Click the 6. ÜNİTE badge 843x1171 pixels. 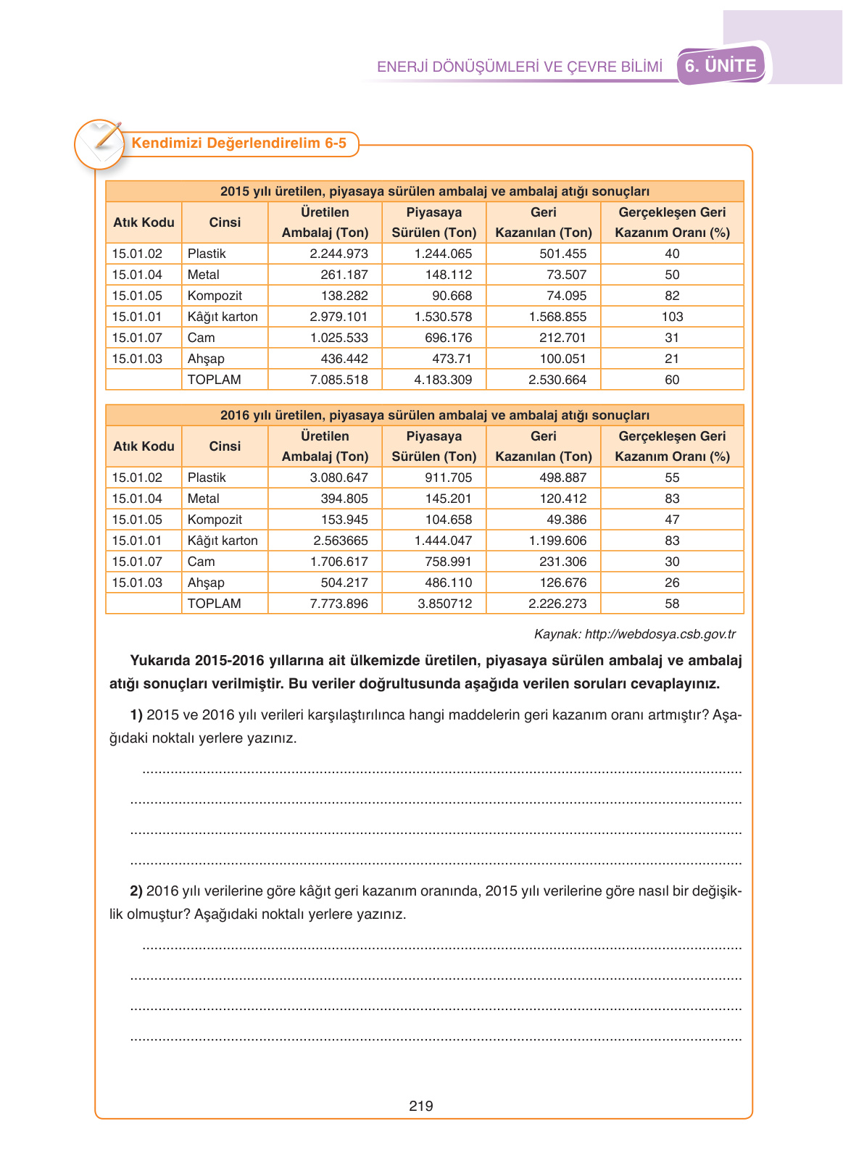coord(721,66)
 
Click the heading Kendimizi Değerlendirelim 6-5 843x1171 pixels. coord(238,143)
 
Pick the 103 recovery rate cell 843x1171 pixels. coord(672,317)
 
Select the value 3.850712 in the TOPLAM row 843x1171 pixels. coord(444,604)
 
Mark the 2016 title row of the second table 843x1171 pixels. coord(425,415)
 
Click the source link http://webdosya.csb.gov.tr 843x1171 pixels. coord(660,634)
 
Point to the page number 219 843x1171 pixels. coord(421,1106)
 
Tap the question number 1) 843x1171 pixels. coord(136,715)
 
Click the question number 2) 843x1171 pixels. coord(136,891)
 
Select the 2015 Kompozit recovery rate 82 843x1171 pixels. coord(672,296)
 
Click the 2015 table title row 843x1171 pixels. coord(425,191)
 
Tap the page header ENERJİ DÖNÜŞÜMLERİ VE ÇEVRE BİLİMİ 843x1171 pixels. coord(520,67)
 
